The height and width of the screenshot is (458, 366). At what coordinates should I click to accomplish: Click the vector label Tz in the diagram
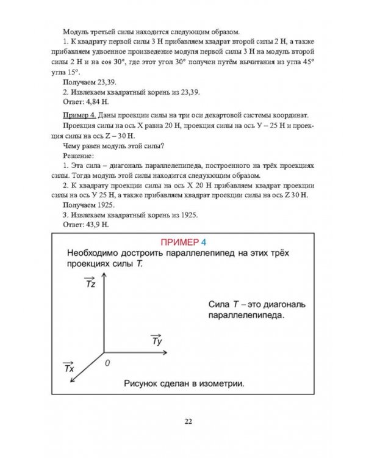[x=89, y=283]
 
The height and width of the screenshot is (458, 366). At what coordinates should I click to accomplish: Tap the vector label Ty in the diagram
[x=156, y=340]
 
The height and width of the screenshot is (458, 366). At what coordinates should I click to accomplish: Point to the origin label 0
[x=107, y=363]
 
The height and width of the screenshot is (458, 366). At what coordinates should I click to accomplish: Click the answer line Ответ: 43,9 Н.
[x=85, y=225]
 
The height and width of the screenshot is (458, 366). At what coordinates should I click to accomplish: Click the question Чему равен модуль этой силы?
[x=113, y=145]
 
